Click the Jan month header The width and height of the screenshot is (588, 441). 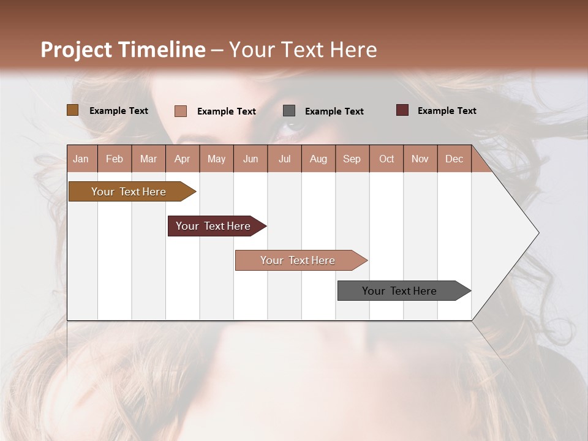(x=81, y=159)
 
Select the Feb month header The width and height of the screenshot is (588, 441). (x=115, y=159)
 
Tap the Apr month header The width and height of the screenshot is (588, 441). (x=182, y=159)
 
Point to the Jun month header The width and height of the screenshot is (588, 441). (x=251, y=159)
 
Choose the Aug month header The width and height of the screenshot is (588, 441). (x=318, y=159)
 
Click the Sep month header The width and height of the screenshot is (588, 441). (x=352, y=159)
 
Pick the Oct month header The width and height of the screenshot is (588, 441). (x=386, y=159)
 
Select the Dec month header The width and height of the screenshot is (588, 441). (x=454, y=159)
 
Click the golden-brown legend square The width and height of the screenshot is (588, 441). (x=73, y=110)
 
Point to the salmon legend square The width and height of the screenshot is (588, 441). (x=181, y=111)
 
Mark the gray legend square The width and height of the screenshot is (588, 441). (x=289, y=111)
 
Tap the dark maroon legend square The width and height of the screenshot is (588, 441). (x=402, y=110)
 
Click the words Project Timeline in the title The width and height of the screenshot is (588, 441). (x=123, y=50)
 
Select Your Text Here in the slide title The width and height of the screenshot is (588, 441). (x=303, y=50)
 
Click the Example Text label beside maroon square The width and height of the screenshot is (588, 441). (x=447, y=111)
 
